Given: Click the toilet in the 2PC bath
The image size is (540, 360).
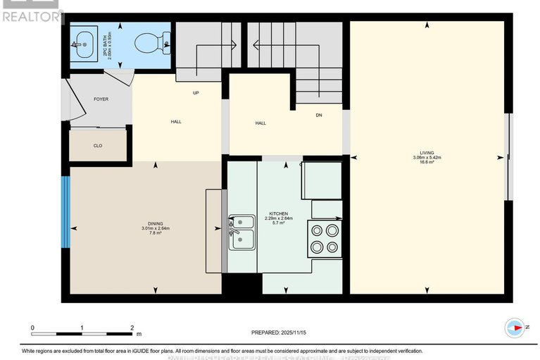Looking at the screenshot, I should (x=156, y=43).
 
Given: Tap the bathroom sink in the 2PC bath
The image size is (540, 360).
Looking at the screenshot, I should (x=84, y=44).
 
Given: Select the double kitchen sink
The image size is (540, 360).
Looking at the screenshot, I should (x=240, y=232).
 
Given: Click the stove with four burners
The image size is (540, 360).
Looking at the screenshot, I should (x=325, y=237).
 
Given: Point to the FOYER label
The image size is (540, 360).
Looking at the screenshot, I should (x=101, y=99).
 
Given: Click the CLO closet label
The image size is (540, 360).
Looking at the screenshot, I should (x=98, y=146).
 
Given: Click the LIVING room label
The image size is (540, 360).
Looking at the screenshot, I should (x=427, y=151).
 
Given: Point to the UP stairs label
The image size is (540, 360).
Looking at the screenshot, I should (x=196, y=92).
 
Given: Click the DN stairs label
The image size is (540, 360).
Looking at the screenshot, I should (x=318, y=115).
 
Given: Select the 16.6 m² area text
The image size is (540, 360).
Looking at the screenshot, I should (x=427, y=162).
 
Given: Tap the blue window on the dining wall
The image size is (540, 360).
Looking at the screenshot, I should (x=65, y=211).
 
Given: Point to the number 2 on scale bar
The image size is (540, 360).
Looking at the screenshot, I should (x=132, y=328).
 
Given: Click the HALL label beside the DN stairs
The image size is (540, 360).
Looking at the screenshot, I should (x=260, y=123).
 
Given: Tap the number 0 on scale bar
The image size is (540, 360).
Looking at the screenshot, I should (x=32, y=328).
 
